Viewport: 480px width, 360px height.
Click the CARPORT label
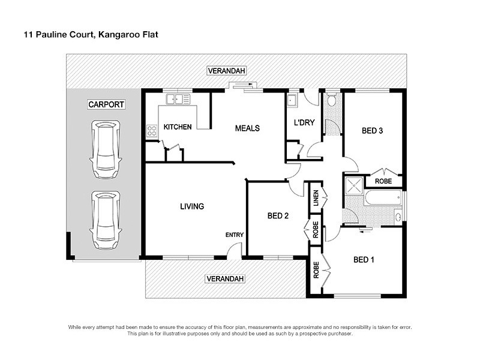click(x=106, y=104)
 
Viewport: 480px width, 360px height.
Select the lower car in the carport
click(x=106, y=220)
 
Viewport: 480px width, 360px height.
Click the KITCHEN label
click(x=178, y=127)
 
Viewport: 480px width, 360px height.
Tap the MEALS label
click(x=247, y=128)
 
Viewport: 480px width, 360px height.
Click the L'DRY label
click(x=304, y=123)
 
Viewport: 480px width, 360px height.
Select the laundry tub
click(x=293, y=100)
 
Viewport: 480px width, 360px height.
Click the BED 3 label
click(x=372, y=131)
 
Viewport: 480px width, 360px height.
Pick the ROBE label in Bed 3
click(x=384, y=181)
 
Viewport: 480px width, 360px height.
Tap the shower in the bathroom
click(x=353, y=184)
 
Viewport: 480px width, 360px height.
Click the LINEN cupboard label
click(x=316, y=199)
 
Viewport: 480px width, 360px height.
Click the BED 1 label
click(x=364, y=260)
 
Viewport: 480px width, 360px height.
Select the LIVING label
click(x=192, y=206)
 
